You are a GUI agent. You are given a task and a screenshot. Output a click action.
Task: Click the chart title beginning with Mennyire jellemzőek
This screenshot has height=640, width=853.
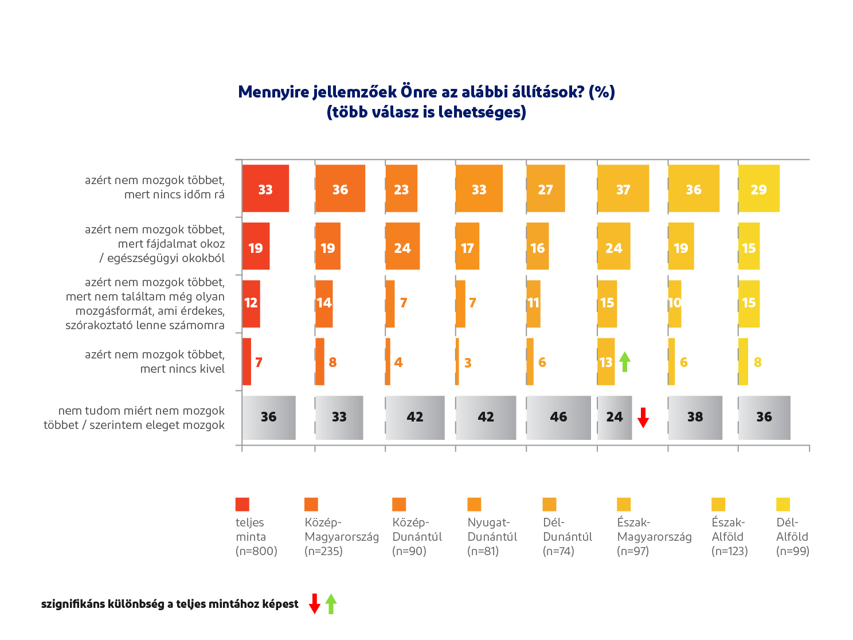426,102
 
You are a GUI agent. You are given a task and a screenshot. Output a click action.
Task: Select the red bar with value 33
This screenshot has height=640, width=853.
265,189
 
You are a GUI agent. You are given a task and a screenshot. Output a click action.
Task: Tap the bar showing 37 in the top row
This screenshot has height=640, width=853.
623,189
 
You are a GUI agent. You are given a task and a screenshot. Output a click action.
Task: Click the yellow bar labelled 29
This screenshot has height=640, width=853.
758,189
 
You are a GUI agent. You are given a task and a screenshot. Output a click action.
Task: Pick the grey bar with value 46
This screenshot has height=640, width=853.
558,417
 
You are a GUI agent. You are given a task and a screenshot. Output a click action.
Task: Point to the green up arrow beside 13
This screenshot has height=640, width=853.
625,361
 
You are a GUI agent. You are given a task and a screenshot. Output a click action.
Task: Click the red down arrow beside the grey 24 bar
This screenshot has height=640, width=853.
643,417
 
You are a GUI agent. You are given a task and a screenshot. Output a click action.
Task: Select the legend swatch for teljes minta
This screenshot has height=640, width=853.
242,504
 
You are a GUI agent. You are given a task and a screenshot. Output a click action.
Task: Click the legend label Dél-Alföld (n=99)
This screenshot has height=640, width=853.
792,537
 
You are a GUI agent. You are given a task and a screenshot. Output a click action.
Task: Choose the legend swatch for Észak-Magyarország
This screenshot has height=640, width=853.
624,504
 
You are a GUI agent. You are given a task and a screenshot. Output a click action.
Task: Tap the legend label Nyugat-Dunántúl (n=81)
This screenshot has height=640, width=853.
492,537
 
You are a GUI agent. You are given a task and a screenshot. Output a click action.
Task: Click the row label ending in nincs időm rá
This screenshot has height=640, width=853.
155,188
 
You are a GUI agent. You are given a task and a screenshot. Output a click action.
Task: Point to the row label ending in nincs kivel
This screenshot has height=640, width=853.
155,362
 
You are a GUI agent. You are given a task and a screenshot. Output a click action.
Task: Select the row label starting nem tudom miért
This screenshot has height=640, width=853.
134,418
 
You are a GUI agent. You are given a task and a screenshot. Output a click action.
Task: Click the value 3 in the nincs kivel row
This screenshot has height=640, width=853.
468,363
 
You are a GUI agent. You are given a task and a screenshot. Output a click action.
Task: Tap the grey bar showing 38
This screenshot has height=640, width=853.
695,417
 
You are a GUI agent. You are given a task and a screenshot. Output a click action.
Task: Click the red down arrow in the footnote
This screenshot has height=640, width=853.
314,604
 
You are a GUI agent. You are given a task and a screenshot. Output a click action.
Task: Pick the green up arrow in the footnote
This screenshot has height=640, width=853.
331,604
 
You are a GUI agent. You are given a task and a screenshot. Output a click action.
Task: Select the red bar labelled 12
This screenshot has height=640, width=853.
251,303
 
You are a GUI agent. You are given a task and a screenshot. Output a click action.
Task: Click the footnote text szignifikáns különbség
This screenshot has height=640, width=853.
170,604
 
